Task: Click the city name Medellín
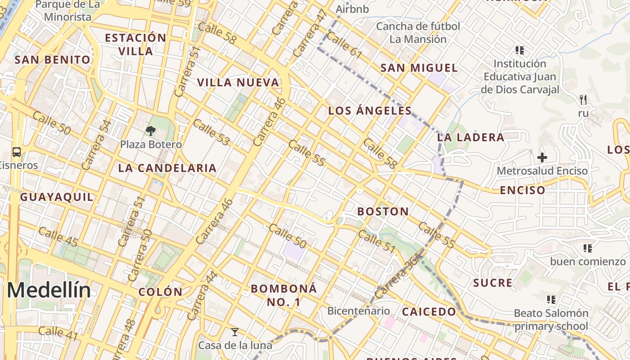pyautogui.click(x=49, y=290)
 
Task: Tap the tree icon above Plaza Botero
pyautogui.click(x=150, y=131)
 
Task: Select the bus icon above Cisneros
pyautogui.click(x=17, y=152)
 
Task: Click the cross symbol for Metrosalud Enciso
pyautogui.click(x=542, y=157)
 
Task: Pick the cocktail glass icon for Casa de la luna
pyautogui.click(x=234, y=332)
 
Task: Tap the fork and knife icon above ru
pyautogui.click(x=583, y=99)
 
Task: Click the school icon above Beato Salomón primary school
pyautogui.click(x=551, y=299)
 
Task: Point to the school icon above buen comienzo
pyautogui.click(x=587, y=248)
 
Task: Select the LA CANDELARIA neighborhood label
pyautogui.click(x=167, y=168)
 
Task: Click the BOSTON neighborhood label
pyautogui.click(x=383, y=211)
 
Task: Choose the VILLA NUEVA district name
pyautogui.click(x=238, y=83)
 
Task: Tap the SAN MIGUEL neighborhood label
pyautogui.click(x=419, y=68)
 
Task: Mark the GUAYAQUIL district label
pyautogui.click(x=57, y=197)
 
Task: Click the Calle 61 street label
pyautogui.click(x=344, y=45)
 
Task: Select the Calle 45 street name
pyautogui.click(x=58, y=238)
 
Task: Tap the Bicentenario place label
pyautogui.click(x=358, y=310)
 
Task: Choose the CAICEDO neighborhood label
pyautogui.click(x=429, y=312)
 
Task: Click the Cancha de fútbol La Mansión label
pyautogui.click(x=418, y=32)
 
